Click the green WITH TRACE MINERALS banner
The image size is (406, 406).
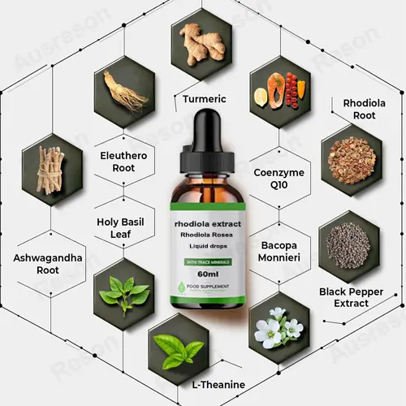pos(209,261)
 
